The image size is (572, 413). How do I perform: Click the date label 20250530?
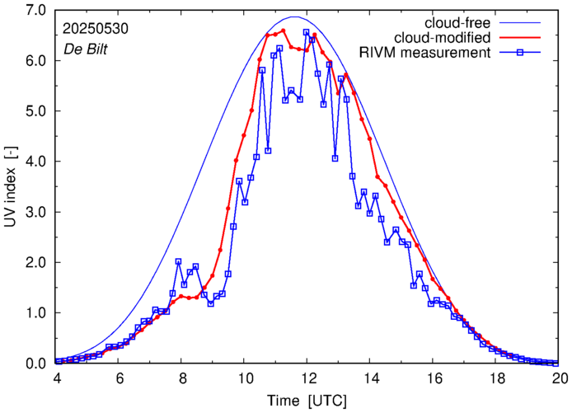[x=95, y=28]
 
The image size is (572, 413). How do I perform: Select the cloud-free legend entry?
[x=457, y=21]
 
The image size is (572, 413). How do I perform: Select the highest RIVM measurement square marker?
[x=307, y=32]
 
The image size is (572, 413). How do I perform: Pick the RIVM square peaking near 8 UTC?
[x=178, y=261]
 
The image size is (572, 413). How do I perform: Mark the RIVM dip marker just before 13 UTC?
[x=335, y=158]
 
